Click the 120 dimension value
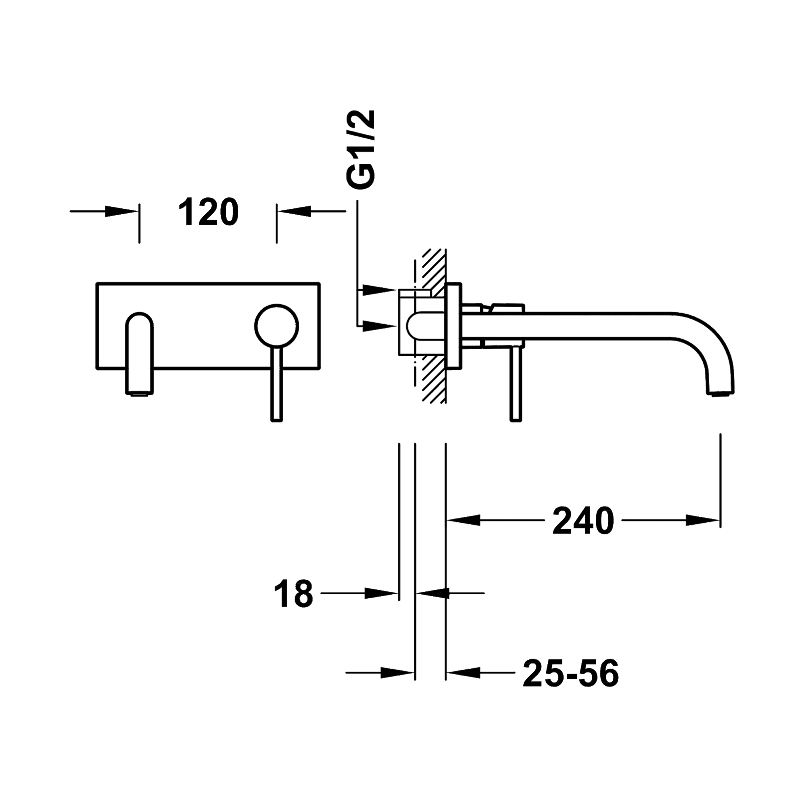[x=209, y=211]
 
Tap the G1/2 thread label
[x=363, y=150]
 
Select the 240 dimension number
[x=583, y=520]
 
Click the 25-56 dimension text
[x=570, y=673]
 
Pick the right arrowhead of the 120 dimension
[x=293, y=212]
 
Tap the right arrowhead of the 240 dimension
[x=703, y=520]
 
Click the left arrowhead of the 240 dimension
[x=462, y=520]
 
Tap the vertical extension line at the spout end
[x=720, y=479]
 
